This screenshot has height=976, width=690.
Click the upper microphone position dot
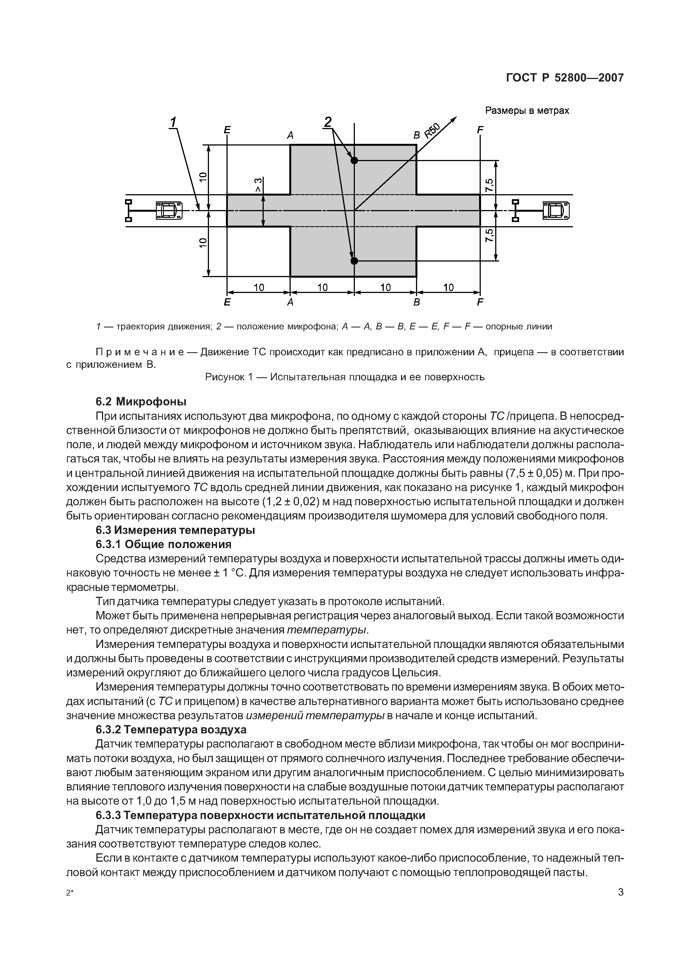354,160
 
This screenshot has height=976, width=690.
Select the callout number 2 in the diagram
328,122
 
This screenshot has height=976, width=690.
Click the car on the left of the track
169,210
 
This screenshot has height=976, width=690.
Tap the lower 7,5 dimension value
489,235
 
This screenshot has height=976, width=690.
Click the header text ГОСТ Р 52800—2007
565,78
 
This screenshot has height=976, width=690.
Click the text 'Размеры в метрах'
527,110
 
